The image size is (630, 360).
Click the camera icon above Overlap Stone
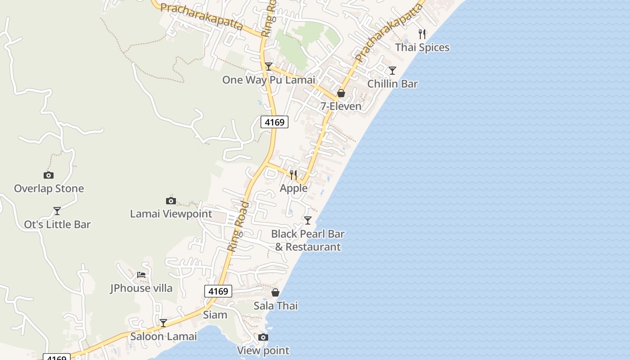[49, 175]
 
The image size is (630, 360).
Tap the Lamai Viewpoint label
[171, 213]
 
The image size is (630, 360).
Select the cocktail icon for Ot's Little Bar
[57, 211]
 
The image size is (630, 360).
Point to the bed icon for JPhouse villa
[141, 274]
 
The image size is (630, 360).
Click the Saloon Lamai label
[163, 336]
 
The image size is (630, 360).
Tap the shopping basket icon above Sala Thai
[275, 293]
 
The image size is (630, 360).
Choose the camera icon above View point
[263, 337]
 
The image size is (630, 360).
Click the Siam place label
[215, 315]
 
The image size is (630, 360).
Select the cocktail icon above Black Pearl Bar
[308, 220]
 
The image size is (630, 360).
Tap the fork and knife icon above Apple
[293, 175]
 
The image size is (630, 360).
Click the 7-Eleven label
[341, 106]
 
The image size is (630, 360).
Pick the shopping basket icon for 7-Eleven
[341, 93]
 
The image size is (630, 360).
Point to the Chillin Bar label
[392, 84]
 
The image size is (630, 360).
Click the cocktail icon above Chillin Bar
[392, 71]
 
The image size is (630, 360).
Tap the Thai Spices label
[422, 47]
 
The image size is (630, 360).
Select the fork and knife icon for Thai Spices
[422, 34]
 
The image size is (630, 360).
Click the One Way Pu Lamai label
[269, 80]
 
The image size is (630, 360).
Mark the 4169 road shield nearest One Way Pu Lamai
[274, 122]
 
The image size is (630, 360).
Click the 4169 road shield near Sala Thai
[218, 291]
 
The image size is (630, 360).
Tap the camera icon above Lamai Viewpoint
[171, 201]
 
